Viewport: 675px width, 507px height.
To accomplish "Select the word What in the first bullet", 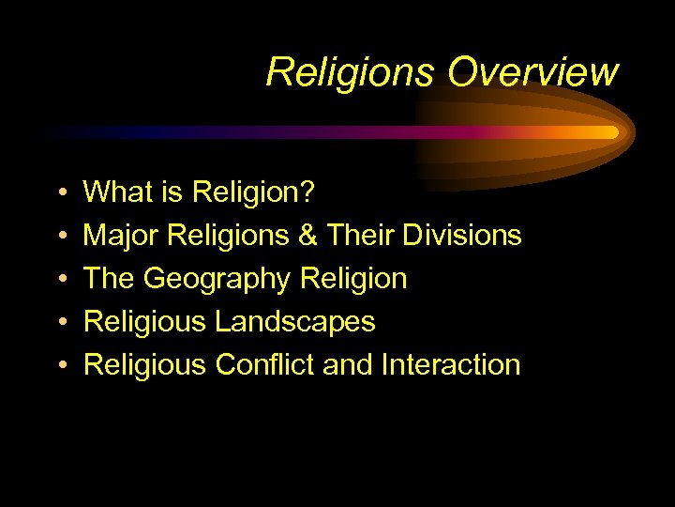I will point(115,192).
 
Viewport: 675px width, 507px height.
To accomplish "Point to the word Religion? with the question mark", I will point(254,192).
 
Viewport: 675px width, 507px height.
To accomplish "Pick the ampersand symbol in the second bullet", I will point(307,236).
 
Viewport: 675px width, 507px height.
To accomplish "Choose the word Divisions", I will point(462,236).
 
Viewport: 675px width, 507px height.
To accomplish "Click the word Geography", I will point(218,279).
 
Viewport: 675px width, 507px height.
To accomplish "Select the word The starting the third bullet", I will point(110,279).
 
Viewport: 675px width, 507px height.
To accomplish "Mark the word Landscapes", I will point(295,322).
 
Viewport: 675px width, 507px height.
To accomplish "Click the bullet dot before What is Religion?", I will point(59,193).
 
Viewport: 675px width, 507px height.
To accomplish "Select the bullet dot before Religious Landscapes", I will point(59,323).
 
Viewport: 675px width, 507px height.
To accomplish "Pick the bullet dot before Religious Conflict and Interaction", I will point(59,365).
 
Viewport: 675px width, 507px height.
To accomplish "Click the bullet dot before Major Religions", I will point(59,237).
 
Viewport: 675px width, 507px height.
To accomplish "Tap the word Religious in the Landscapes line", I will point(145,322).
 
